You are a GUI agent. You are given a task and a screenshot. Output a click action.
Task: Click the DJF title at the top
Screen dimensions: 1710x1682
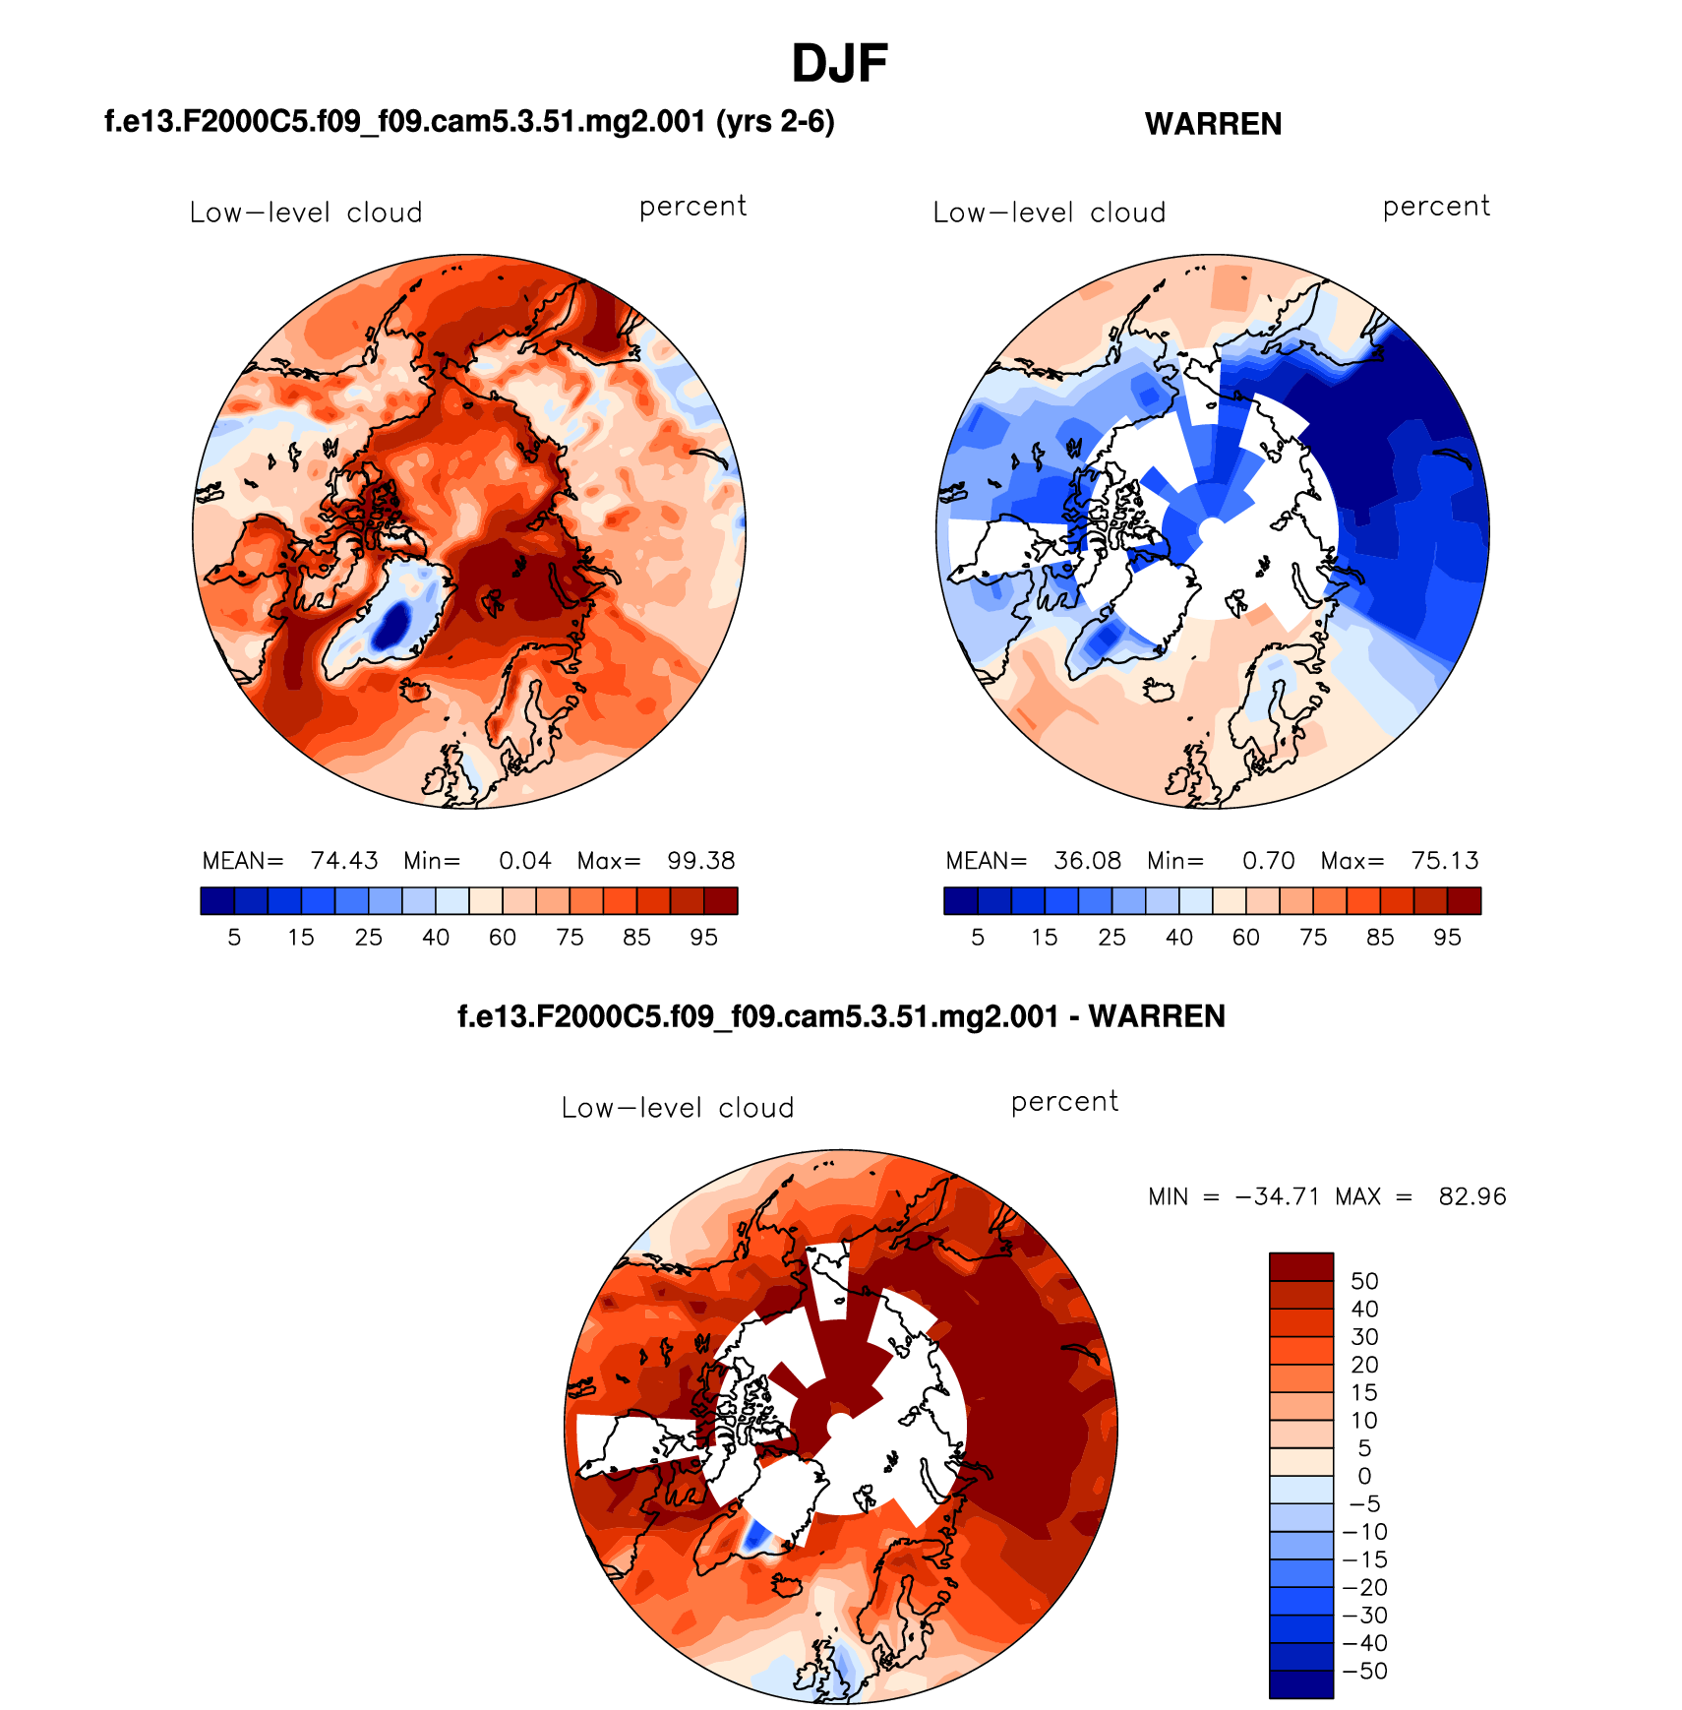[x=839, y=64]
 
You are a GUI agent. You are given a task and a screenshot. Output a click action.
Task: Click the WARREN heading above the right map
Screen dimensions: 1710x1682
[x=1213, y=124]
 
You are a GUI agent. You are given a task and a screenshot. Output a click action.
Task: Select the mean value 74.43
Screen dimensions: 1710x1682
[x=344, y=861]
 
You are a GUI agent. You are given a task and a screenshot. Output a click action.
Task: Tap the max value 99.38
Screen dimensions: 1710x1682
[x=700, y=861]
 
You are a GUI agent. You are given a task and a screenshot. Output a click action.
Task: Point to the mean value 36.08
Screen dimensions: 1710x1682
[x=1087, y=861]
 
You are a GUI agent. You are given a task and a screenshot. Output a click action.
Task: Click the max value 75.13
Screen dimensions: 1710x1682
[x=1444, y=861]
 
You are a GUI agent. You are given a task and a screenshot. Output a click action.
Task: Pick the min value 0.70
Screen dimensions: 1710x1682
[x=1268, y=861]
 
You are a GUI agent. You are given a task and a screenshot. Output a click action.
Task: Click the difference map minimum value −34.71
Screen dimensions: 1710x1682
[x=1277, y=1196]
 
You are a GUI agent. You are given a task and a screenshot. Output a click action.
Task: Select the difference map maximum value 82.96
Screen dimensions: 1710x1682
[x=1472, y=1196]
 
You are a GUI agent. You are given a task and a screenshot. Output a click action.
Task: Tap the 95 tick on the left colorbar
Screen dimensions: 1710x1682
[x=703, y=938]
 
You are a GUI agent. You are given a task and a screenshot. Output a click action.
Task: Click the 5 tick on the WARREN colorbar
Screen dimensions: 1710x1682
[x=978, y=938]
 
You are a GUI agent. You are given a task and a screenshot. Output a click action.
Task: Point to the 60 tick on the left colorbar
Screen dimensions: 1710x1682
[x=503, y=938]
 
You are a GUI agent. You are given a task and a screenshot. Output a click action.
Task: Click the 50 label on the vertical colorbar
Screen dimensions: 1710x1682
[x=1364, y=1281]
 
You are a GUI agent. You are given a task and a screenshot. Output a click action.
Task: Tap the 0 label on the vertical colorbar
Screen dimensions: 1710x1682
[x=1364, y=1476]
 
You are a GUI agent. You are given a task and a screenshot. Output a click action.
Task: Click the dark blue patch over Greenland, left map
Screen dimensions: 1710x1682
[x=393, y=626]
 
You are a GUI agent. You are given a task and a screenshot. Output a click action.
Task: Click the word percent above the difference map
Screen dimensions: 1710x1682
[x=1064, y=1102]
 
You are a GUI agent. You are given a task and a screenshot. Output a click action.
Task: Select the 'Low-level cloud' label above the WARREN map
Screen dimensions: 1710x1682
[x=1049, y=213]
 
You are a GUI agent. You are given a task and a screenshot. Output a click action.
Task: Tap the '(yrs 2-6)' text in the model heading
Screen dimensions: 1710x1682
[x=775, y=122]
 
